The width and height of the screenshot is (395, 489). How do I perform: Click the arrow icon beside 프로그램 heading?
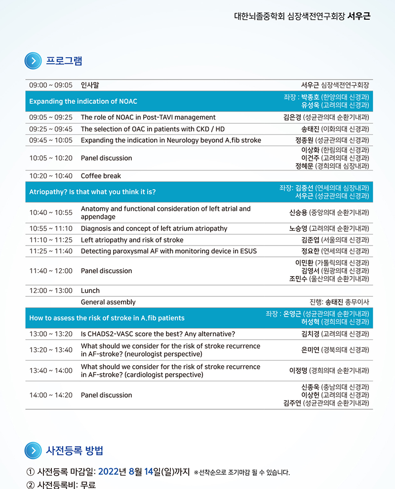(33, 61)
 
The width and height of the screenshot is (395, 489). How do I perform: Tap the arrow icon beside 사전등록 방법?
(33, 450)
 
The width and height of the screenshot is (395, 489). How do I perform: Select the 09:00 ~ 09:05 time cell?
(51, 85)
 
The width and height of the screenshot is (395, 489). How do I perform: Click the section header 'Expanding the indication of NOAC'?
(83, 101)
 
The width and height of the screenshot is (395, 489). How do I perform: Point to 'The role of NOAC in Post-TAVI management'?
(148, 118)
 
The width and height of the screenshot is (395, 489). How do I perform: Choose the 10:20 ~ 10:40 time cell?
(51, 176)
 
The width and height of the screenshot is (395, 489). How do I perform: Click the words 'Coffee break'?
(101, 176)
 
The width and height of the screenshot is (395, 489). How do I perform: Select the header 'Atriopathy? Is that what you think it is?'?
(96, 192)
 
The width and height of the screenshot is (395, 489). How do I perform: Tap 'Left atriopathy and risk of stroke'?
(132, 240)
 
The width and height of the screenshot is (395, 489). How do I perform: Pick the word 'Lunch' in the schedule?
(90, 290)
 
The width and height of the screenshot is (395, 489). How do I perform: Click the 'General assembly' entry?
(108, 302)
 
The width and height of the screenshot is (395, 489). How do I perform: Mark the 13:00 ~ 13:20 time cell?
(51, 334)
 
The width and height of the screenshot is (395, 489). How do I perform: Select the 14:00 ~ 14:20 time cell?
(51, 395)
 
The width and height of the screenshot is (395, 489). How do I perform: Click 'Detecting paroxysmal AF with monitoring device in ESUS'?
(168, 251)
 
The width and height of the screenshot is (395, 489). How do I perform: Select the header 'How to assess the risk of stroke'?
(107, 318)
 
